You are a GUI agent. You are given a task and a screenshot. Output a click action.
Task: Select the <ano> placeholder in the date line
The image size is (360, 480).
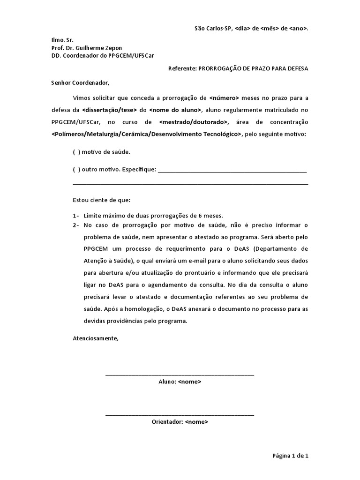(x=298, y=29)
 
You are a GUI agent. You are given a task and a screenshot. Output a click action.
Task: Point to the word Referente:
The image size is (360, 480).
(x=182, y=68)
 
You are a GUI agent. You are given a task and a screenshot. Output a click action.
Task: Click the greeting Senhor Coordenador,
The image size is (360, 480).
(x=80, y=83)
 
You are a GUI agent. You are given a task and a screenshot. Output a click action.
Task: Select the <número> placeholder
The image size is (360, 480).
(x=225, y=98)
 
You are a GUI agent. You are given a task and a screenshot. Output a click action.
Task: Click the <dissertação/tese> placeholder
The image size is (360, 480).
(x=109, y=110)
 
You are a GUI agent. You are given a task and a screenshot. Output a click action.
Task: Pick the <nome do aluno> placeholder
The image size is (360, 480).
(x=176, y=110)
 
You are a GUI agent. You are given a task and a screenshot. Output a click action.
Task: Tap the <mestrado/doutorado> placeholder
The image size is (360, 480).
(x=194, y=122)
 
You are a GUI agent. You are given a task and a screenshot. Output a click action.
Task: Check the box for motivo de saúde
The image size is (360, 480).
(x=76, y=152)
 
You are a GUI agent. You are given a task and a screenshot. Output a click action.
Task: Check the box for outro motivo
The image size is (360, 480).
(x=76, y=169)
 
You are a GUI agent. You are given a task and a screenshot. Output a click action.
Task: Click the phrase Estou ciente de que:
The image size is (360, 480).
(x=102, y=200)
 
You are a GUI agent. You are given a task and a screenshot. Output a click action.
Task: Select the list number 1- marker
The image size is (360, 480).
(x=76, y=216)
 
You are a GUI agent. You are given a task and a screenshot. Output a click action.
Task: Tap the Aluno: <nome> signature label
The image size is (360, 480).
(x=180, y=382)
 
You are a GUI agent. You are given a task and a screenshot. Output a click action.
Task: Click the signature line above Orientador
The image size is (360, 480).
(x=180, y=415)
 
